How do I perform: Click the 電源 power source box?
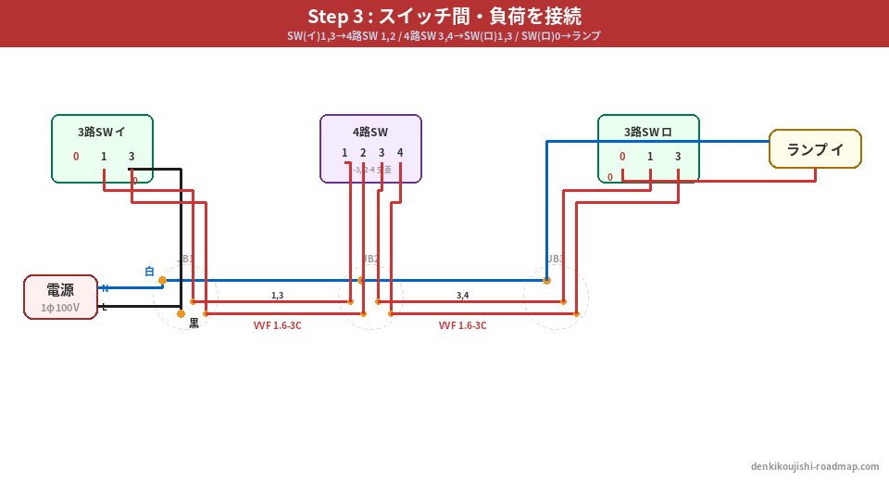60,297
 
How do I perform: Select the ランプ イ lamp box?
815,148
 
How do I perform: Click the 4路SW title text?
370,132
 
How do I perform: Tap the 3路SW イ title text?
102,132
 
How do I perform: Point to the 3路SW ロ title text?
648,132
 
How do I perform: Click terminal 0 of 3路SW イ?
76,157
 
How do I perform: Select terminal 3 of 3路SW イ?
131,157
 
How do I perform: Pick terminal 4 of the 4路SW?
400,153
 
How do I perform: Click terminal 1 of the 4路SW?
344,153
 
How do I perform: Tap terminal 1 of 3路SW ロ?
650,157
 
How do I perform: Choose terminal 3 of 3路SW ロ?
678,157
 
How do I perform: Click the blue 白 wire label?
149,272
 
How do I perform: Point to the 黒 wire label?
194,323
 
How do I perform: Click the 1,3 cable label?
277,296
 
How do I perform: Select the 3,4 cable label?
462,296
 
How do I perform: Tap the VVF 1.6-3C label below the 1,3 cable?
277,325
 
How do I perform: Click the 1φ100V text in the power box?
60,308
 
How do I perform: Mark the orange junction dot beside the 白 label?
162,280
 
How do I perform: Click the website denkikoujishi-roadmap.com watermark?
815,466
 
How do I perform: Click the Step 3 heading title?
444,17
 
